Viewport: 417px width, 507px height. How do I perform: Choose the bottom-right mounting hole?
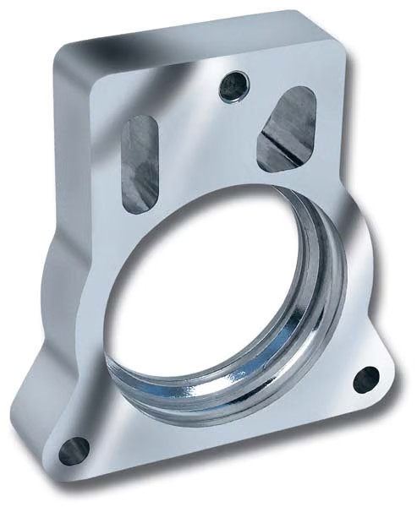[x=365, y=379]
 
